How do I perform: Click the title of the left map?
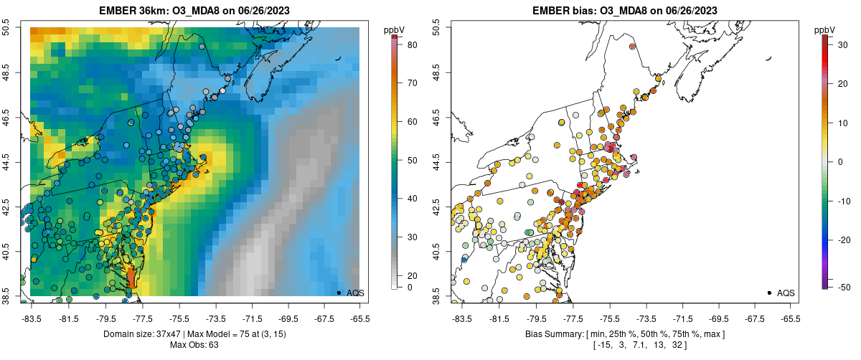click(x=194, y=11)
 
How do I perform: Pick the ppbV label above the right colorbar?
click(x=825, y=29)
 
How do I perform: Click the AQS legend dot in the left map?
click(x=339, y=293)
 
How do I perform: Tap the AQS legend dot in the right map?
click(x=769, y=293)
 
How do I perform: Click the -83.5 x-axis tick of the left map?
click(x=31, y=318)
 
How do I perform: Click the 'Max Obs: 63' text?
click(x=194, y=345)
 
